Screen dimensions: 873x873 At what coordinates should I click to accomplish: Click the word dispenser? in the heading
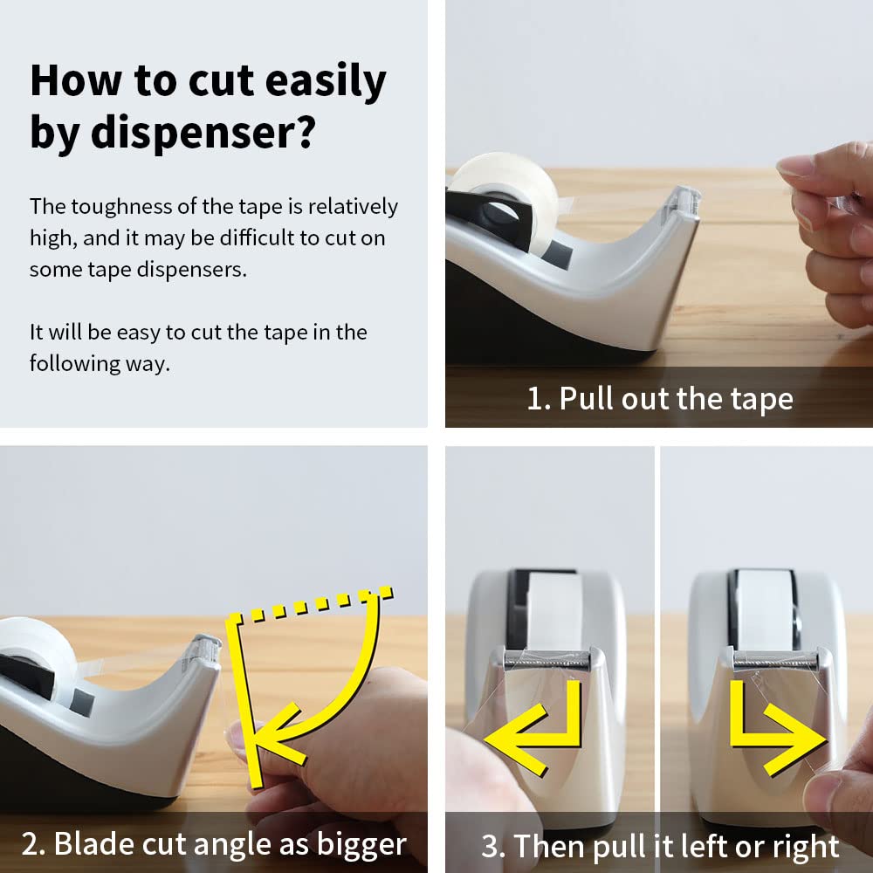pos(203,133)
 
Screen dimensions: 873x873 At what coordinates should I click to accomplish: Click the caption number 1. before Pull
pos(539,399)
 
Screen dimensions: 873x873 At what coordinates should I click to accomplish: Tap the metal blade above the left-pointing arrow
pos(546,661)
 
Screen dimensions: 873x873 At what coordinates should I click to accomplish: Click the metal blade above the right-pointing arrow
pos(775,661)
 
